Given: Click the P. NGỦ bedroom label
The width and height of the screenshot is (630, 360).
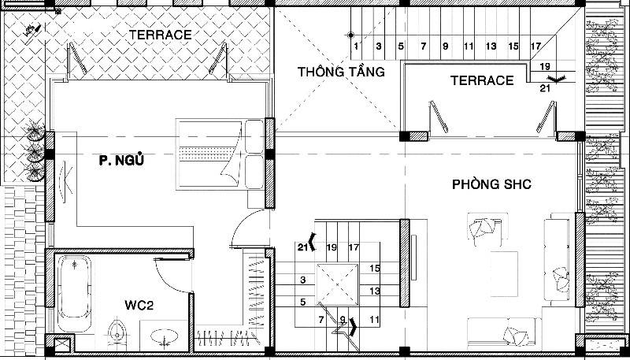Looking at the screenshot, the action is tap(121, 161).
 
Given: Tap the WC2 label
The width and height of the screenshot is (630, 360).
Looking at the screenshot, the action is tap(139, 306).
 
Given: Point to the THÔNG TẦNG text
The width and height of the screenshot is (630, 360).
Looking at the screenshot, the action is tap(341, 72).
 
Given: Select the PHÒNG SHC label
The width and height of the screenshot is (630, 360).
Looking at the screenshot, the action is tap(491, 184).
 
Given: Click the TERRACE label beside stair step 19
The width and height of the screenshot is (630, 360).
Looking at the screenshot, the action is tap(482, 80).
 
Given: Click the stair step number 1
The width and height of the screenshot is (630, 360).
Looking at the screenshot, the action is tap(356, 46).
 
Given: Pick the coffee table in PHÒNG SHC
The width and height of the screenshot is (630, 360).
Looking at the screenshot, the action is tap(504, 274).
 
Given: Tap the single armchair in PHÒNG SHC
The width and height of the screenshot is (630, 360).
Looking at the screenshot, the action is tap(484, 229).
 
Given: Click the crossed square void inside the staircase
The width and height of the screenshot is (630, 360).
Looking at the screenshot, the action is tap(337, 284).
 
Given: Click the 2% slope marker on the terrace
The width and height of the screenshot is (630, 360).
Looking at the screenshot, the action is tap(33, 31).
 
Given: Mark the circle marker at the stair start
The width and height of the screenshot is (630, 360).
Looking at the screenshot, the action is tap(350, 35).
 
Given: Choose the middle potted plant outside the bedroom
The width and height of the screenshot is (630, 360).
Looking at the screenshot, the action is tap(35, 152).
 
